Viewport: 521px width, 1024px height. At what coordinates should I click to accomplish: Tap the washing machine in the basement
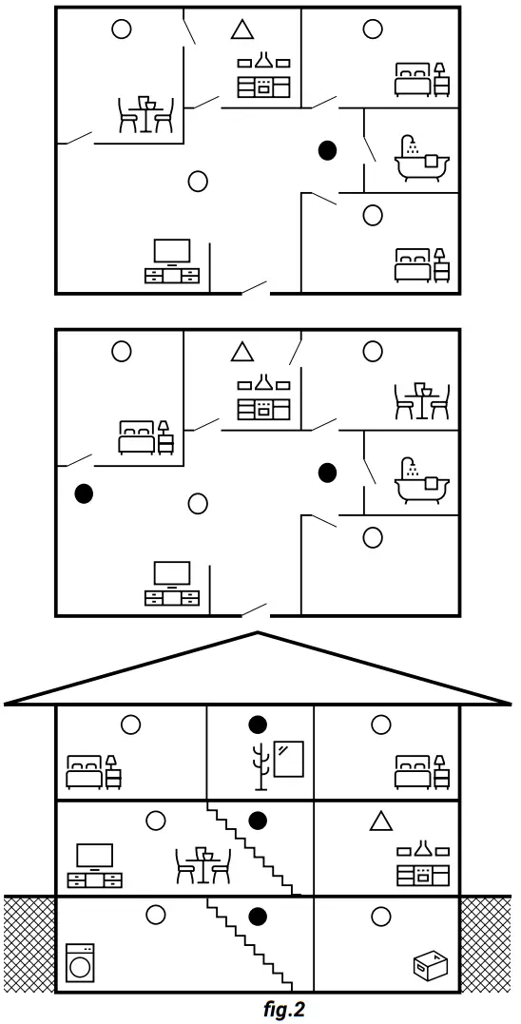coord(81,961)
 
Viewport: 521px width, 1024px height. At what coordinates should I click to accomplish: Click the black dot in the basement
coord(257,917)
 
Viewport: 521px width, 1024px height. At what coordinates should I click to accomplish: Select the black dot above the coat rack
coord(257,725)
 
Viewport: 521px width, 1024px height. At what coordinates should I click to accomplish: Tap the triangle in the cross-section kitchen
coord(381,821)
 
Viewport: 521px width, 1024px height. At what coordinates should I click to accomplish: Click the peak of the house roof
coord(258,633)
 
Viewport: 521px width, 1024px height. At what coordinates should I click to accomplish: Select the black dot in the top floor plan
coord(328,150)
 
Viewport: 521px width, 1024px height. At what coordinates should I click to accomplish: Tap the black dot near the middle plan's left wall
coord(84,493)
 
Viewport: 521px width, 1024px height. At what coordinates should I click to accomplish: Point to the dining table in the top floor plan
coord(145,113)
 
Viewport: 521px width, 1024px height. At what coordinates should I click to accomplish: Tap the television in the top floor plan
coord(172,261)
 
